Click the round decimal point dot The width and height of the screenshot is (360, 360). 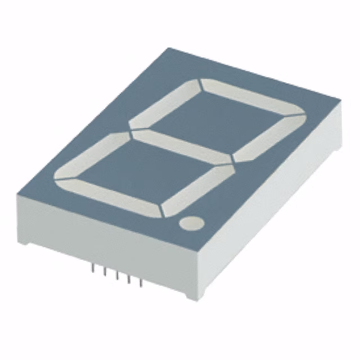[191, 223]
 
